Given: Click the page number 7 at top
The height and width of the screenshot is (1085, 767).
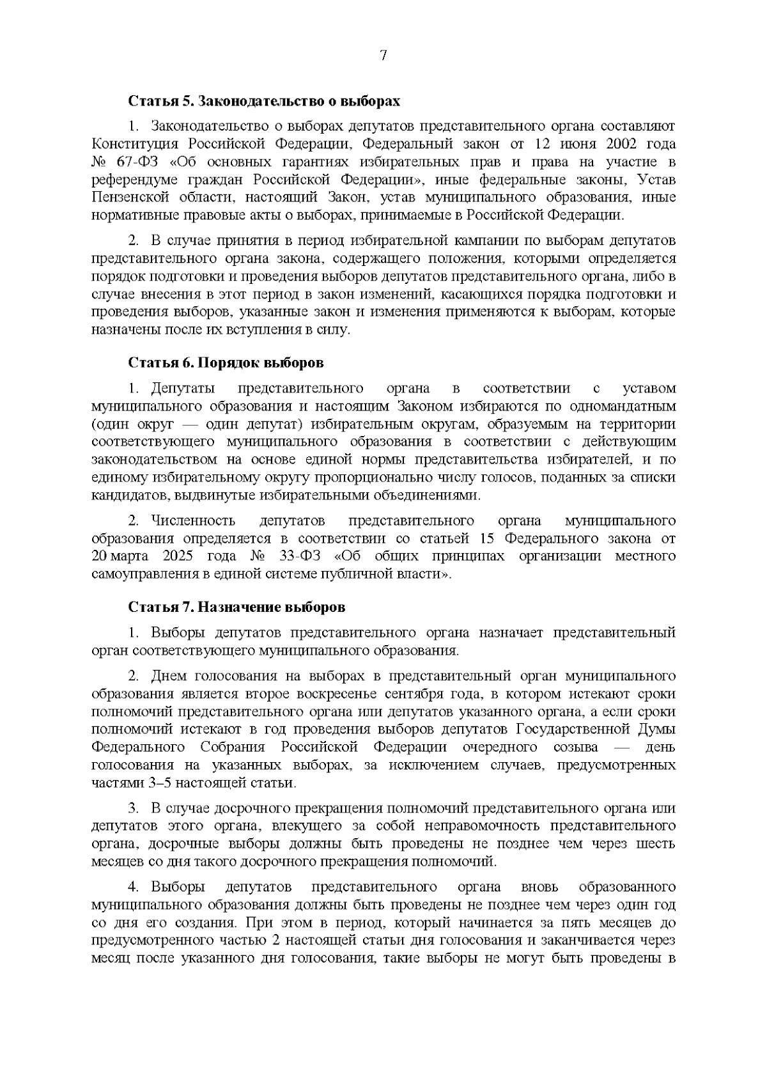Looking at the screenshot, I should point(383,56).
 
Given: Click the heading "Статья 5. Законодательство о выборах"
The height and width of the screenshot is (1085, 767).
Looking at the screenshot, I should point(265,101).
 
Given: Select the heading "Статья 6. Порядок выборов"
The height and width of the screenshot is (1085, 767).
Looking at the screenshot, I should point(226,363).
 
